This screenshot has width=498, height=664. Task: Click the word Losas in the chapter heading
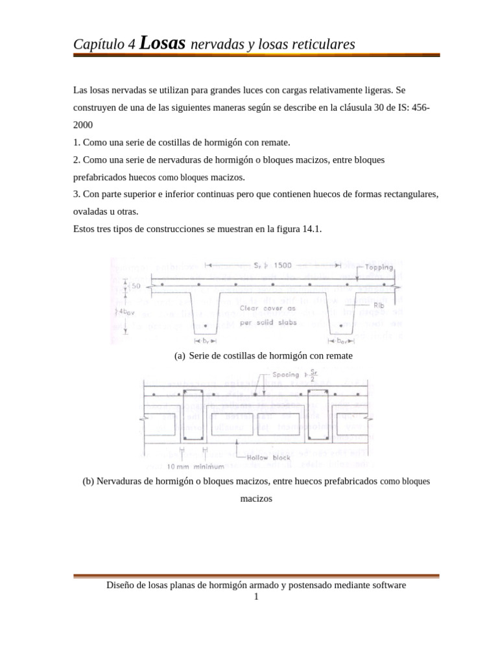tap(162, 43)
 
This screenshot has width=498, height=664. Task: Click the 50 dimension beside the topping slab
tap(136, 286)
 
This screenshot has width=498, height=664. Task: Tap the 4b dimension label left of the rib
tap(137, 312)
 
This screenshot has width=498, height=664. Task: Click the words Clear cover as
tap(268, 308)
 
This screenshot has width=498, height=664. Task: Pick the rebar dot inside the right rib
tap(342, 326)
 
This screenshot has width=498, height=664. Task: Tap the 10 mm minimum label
tap(195, 466)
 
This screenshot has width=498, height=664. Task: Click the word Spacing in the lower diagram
tap(286, 375)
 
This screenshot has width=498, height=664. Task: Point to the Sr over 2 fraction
tap(313, 375)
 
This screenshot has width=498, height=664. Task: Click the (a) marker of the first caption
tap(180, 356)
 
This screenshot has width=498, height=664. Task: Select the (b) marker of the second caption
tap(88, 482)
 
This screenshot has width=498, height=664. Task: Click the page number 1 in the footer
tap(256, 597)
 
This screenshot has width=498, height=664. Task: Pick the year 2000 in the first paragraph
tap(84, 124)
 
